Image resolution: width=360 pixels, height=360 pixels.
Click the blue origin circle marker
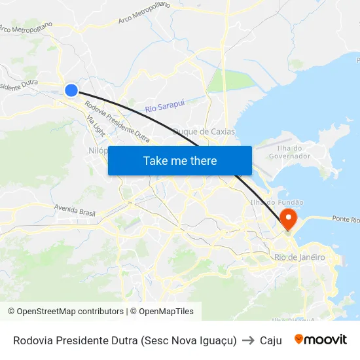(x=71, y=90)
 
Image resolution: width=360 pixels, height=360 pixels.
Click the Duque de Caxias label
(x=204, y=132)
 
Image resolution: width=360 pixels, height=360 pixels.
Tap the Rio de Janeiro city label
(x=300, y=257)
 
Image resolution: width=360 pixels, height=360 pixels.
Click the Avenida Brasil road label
(x=75, y=210)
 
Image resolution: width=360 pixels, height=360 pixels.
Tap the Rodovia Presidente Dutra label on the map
(x=117, y=122)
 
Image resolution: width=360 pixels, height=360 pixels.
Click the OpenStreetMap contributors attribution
(x=65, y=312)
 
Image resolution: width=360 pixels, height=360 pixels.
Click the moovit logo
(x=321, y=340)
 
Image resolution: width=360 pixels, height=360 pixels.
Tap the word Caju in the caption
(x=270, y=340)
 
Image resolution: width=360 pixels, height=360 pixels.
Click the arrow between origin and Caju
(x=248, y=340)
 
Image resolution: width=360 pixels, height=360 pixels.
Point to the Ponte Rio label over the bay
(x=345, y=219)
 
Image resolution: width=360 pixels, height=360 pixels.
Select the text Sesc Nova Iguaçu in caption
(x=187, y=340)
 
